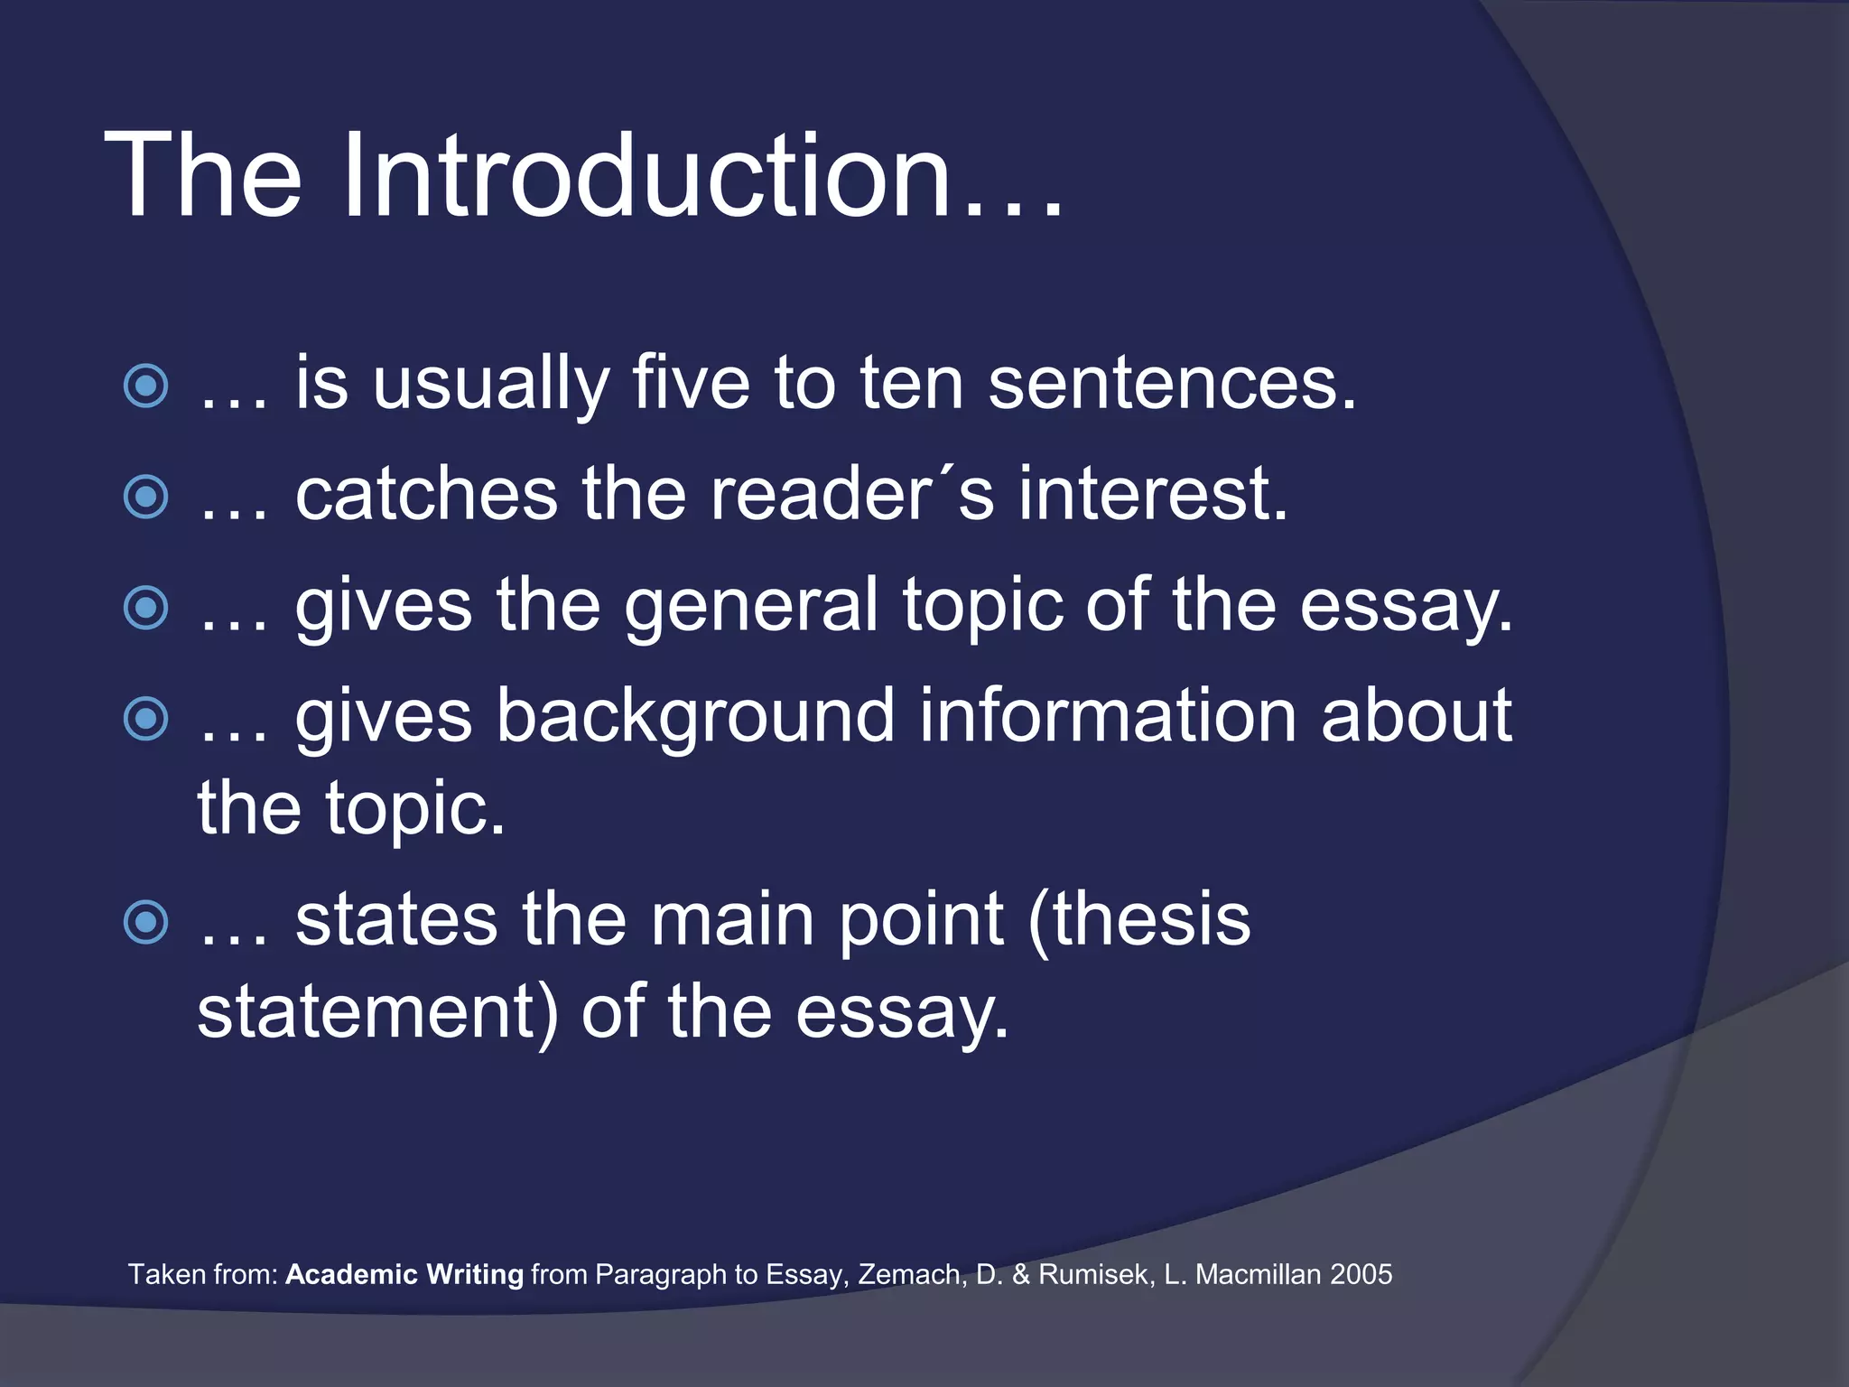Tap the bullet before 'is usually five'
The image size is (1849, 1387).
point(145,386)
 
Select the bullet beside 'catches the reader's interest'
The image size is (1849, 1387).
point(145,497)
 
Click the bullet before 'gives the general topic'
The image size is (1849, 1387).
point(145,608)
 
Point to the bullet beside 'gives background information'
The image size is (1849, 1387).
point(145,719)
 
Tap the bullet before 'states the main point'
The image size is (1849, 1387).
point(145,922)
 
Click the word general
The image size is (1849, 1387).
point(750,607)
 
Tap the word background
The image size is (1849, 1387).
point(694,717)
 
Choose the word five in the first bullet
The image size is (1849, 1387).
point(691,383)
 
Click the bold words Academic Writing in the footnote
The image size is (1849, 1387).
point(404,1274)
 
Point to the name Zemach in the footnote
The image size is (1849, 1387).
point(912,1274)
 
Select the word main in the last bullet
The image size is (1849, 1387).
point(732,920)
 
